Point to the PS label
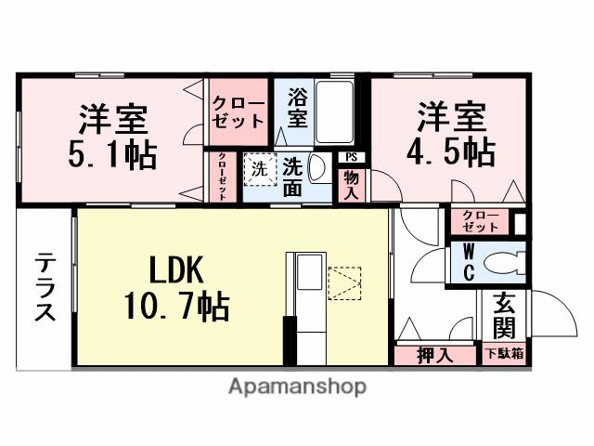click(351, 157)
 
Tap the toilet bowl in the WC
click(507, 262)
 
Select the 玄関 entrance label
click(504, 315)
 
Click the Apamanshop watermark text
click(297, 386)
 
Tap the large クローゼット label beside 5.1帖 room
click(238, 111)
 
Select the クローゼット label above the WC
click(480, 221)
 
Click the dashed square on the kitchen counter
click(344, 282)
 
